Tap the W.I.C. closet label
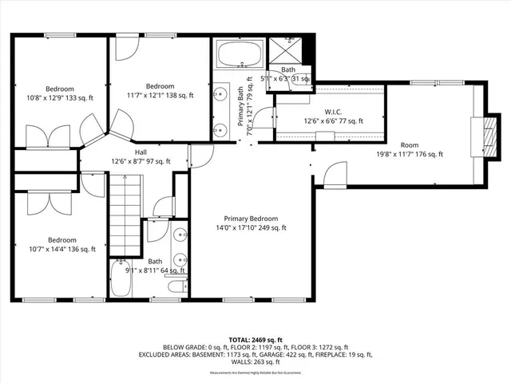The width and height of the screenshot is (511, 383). pyautogui.click(x=334, y=116)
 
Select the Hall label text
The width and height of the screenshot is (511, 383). pyautogui.click(x=141, y=157)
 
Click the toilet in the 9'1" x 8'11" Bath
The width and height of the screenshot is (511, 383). pyautogui.click(x=180, y=286)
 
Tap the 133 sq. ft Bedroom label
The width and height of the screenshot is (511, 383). pyautogui.click(x=61, y=94)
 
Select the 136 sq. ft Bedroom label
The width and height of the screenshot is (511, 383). pyautogui.click(x=61, y=244)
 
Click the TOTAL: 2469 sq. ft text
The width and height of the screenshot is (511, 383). pyautogui.click(x=255, y=340)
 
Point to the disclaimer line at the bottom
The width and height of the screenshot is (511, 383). pyautogui.click(x=255, y=373)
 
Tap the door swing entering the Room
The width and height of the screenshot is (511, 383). pyautogui.click(x=335, y=172)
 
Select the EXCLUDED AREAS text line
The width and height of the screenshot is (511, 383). pyautogui.click(x=255, y=355)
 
